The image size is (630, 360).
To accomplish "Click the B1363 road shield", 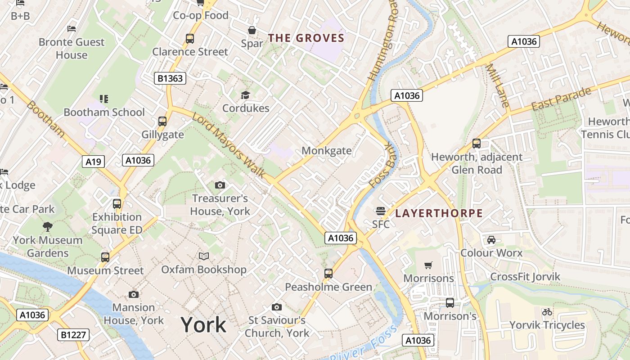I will coord(170,78).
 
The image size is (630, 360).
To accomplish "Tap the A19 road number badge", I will coord(94,162).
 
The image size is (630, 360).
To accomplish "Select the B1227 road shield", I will coord(74,335).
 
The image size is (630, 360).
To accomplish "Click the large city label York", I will coord(203,324).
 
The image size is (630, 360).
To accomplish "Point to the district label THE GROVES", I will coord(306,38).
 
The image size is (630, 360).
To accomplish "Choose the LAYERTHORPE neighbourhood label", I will coord(439,213).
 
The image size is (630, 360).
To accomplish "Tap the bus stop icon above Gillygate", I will coord(162,121).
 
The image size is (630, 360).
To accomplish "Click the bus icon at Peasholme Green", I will coord(328,274).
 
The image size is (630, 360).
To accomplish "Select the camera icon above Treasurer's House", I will coord(220,185).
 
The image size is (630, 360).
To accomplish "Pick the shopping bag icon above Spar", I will coord(252,30).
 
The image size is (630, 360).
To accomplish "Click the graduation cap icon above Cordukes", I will coord(245,95).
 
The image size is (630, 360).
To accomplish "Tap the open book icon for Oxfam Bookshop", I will coord(204,256).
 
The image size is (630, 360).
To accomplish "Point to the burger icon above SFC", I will coord(381,211).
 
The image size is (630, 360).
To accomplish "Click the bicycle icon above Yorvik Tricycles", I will coord(547,311).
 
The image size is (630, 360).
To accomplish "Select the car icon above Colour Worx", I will coord(491,239).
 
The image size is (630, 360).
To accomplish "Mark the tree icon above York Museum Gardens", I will coord(47,226).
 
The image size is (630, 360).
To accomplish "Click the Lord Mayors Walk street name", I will coord(228,145).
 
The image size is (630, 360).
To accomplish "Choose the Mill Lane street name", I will coord(497,85).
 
